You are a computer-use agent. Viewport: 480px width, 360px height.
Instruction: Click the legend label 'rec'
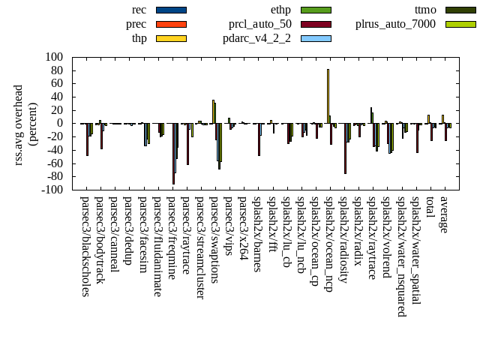139,10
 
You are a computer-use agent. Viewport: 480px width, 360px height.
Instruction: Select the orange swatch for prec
171,24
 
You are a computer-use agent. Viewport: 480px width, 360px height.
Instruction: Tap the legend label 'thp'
139,38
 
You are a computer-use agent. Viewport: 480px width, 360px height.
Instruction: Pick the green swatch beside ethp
316,10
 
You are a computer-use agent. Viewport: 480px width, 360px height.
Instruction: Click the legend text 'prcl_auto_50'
260,24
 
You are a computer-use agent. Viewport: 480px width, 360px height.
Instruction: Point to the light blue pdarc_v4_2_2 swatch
316,38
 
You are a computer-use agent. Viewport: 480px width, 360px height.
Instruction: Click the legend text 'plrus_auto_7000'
394,24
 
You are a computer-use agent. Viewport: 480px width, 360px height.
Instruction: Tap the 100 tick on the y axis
53,57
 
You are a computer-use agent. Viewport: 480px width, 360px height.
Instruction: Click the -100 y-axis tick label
51,190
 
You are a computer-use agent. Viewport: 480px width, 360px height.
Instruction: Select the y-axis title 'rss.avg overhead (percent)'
25,123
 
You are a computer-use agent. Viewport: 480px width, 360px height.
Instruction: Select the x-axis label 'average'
443,214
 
